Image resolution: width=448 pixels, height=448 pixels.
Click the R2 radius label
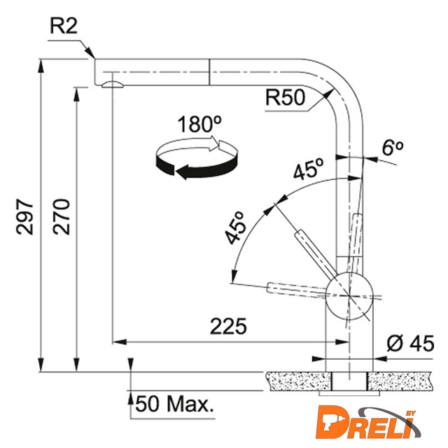64,27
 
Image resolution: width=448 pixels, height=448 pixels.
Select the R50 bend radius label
285,97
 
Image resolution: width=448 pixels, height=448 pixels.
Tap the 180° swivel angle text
199,124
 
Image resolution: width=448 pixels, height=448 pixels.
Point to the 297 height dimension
25,217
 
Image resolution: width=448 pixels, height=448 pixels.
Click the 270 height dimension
61,217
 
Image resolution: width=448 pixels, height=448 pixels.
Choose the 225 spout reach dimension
228,326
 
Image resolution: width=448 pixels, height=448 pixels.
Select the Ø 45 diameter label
411,343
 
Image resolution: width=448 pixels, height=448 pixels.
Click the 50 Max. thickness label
174,404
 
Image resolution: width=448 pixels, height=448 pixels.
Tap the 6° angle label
392,148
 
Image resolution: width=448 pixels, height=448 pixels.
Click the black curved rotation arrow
197,168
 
